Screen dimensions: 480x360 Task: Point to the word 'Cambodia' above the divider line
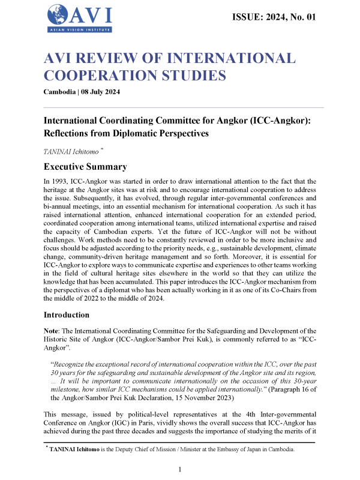[x=59, y=92]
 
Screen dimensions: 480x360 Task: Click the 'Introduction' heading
[x=69, y=314]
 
